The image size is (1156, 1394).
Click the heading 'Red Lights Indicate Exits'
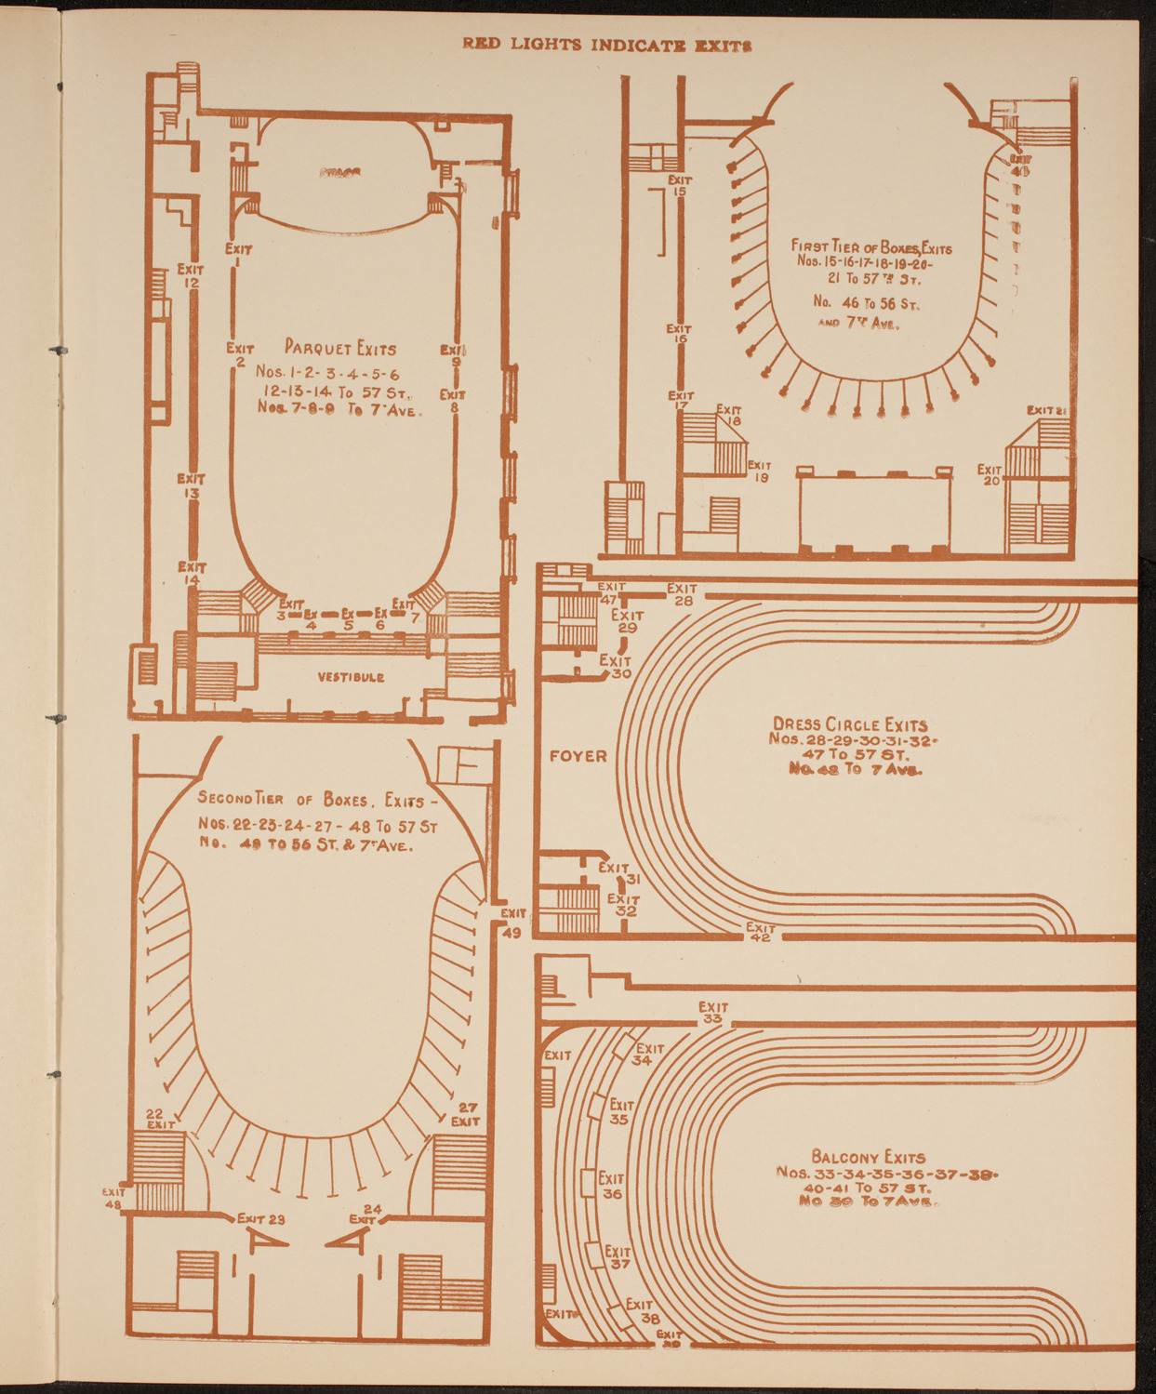pyautogui.click(x=607, y=46)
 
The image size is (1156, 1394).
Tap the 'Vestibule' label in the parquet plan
pyautogui.click(x=351, y=677)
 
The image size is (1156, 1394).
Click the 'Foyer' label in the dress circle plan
pyautogui.click(x=578, y=756)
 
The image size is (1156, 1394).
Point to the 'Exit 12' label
pyautogui.click(x=191, y=276)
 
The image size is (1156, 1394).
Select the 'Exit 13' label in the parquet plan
pyautogui.click(x=191, y=485)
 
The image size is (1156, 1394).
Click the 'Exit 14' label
pyautogui.click(x=192, y=573)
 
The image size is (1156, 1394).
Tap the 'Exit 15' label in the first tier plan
pyautogui.click(x=680, y=186)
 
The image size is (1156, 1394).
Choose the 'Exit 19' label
pyautogui.click(x=760, y=471)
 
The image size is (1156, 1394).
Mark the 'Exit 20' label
pyautogui.click(x=990, y=475)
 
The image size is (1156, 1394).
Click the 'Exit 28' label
pyautogui.click(x=682, y=594)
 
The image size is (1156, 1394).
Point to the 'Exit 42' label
pyautogui.click(x=761, y=932)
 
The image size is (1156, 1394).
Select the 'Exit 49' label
pyautogui.click(x=512, y=923)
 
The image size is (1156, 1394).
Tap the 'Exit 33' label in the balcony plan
pyautogui.click(x=713, y=1013)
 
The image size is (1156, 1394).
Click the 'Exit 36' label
pyautogui.click(x=611, y=1186)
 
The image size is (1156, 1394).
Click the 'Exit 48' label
pyautogui.click(x=113, y=1198)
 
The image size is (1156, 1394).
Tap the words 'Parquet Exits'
pyautogui.click(x=339, y=349)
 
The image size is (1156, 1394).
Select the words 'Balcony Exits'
pyautogui.click(x=868, y=1158)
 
